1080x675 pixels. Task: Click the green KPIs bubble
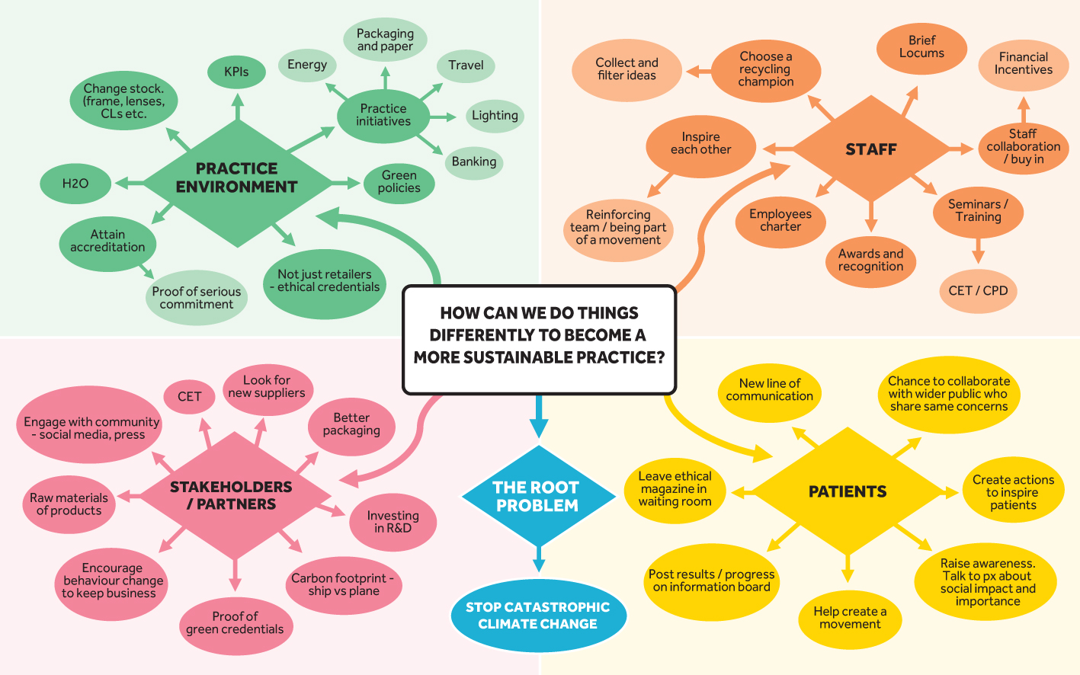click(x=236, y=72)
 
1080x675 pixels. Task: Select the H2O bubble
click(x=75, y=184)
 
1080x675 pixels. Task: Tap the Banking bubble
click(x=473, y=162)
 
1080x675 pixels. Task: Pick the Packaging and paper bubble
click(x=385, y=40)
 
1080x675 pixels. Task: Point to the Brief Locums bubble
click(x=921, y=47)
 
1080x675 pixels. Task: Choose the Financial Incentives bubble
click(x=1023, y=64)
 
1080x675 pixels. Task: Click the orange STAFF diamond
click(x=871, y=150)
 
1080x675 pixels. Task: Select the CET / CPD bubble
click(x=978, y=291)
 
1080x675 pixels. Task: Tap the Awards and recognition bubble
click(x=870, y=261)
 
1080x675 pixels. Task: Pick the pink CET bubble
click(x=189, y=397)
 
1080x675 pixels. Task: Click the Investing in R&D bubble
click(x=393, y=522)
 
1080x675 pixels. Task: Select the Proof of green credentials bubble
click(x=236, y=623)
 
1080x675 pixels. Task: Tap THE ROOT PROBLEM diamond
click(x=538, y=497)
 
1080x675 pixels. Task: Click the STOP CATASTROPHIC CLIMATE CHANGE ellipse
click(x=538, y=616)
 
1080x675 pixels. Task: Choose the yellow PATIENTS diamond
click(x=848, y=492)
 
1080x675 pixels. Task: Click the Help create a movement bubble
click(x=850, y=618)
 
